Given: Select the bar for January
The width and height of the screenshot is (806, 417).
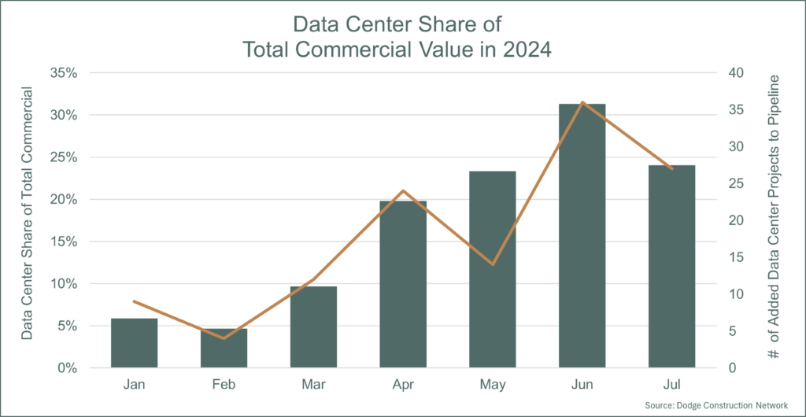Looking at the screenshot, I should tap(134, 343).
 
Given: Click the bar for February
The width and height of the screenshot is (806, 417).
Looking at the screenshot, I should tap(224, 348).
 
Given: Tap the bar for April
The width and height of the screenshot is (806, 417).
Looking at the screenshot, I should tap(403, 284).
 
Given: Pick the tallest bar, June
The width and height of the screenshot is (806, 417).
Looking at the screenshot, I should tap(582, 236).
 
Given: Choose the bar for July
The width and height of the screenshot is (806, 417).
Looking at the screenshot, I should tap(671, 267).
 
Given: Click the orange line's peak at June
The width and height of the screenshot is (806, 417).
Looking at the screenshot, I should tap(582, 102).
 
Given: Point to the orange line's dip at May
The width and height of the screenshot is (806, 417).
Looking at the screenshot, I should tap(493, 264).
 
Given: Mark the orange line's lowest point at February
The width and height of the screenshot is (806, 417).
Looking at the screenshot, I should tap(224, 338).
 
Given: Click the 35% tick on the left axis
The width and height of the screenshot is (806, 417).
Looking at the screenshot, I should tap(64, 73).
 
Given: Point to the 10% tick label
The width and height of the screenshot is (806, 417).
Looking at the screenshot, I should tap(64, 284).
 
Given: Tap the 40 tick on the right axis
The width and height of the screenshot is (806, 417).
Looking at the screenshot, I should tap(735, 73).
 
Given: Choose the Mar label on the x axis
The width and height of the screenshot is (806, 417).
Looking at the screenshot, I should tap(313, 385).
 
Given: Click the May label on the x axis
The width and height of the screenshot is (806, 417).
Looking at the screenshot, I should tap(493, 385).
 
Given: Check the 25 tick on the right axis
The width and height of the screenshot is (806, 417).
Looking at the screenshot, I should tap(735, 184).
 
